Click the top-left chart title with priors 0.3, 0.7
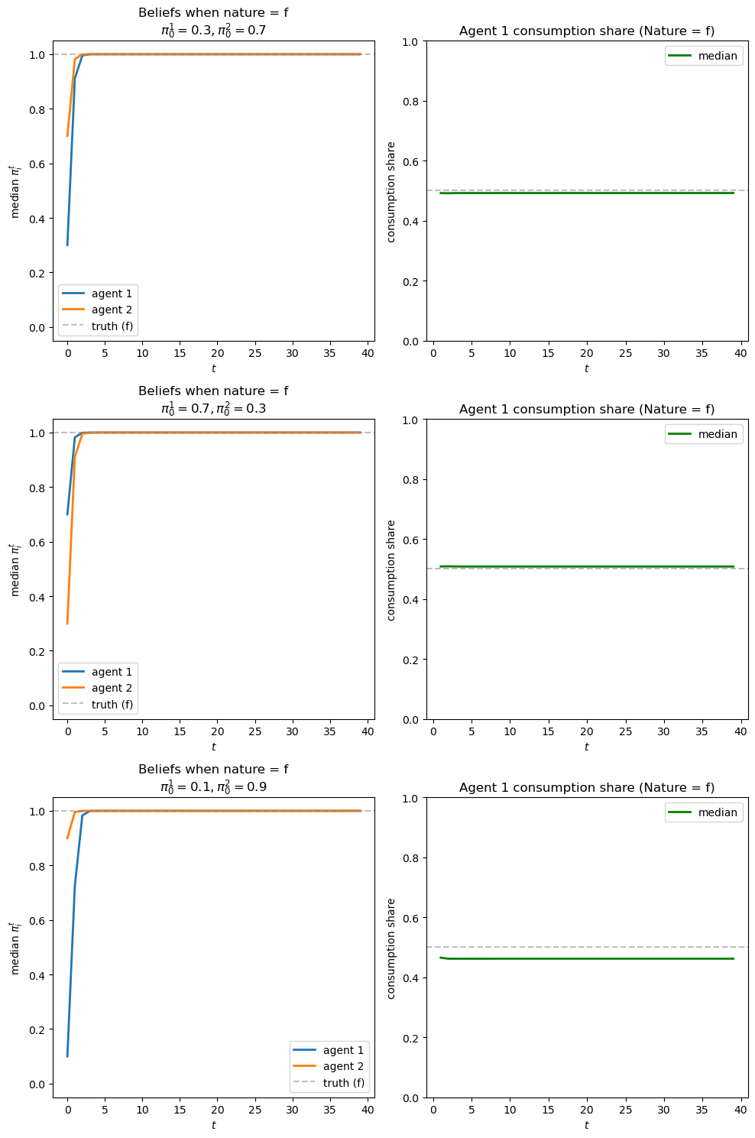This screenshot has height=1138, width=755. [213, 21]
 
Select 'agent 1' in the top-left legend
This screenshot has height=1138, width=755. [112, 293]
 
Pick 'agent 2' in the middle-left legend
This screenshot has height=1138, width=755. [112, 688]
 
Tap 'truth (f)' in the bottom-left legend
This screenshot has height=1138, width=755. [343, 1083]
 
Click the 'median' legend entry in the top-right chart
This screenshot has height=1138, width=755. [717, 56]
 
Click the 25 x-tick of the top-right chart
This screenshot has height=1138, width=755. [625, 353]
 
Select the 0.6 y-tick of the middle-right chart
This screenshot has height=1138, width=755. [412, 540]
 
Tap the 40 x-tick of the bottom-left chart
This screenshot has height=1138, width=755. [368, 1110]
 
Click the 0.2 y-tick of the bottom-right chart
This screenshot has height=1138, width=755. [412, 1038]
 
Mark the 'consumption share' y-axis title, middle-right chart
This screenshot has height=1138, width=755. [391, 570]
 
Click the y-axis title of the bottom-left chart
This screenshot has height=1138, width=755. [15, 948]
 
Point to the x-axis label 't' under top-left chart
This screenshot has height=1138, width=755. [213, 368]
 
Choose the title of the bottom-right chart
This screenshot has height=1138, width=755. [587, 788]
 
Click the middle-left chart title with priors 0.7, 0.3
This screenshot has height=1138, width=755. [213, 400]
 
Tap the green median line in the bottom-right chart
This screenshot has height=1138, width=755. [587, 958]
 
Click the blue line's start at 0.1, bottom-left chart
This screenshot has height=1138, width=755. [67, 1056]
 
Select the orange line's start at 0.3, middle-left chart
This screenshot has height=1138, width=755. [67, 623]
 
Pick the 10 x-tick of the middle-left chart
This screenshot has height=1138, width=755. [142, 731]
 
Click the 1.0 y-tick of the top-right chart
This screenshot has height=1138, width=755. [412, 41]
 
